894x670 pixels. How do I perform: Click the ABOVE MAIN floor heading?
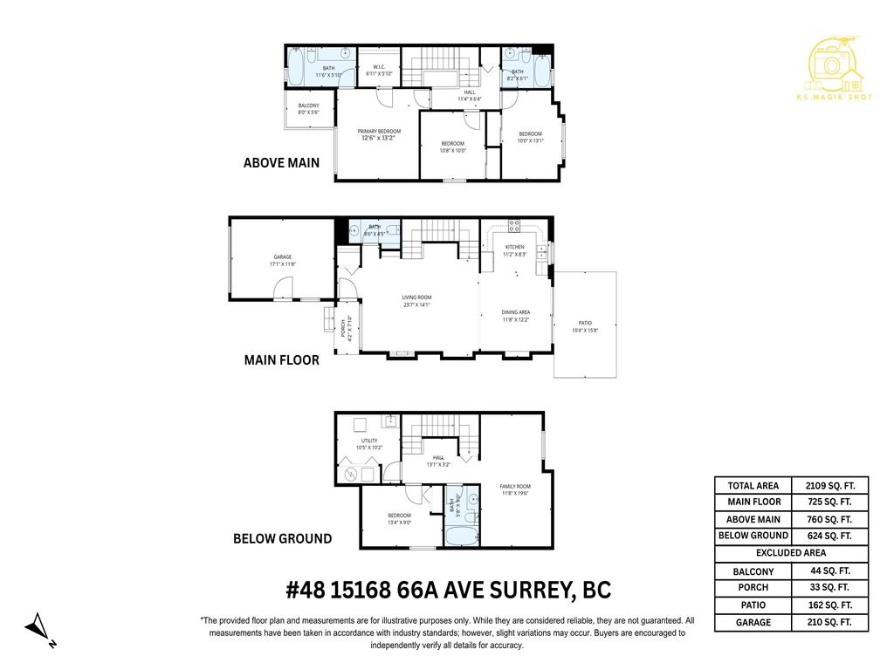point(281,162)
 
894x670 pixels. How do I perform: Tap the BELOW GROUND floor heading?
point(282,538)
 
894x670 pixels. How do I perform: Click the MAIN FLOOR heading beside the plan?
point(281,359)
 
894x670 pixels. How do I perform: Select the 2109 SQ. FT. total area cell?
point(830,486)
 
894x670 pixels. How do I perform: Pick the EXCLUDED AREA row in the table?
point(791,553)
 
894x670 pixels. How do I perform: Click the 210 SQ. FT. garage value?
point(830,623)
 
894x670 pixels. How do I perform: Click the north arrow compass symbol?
point(39,626)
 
